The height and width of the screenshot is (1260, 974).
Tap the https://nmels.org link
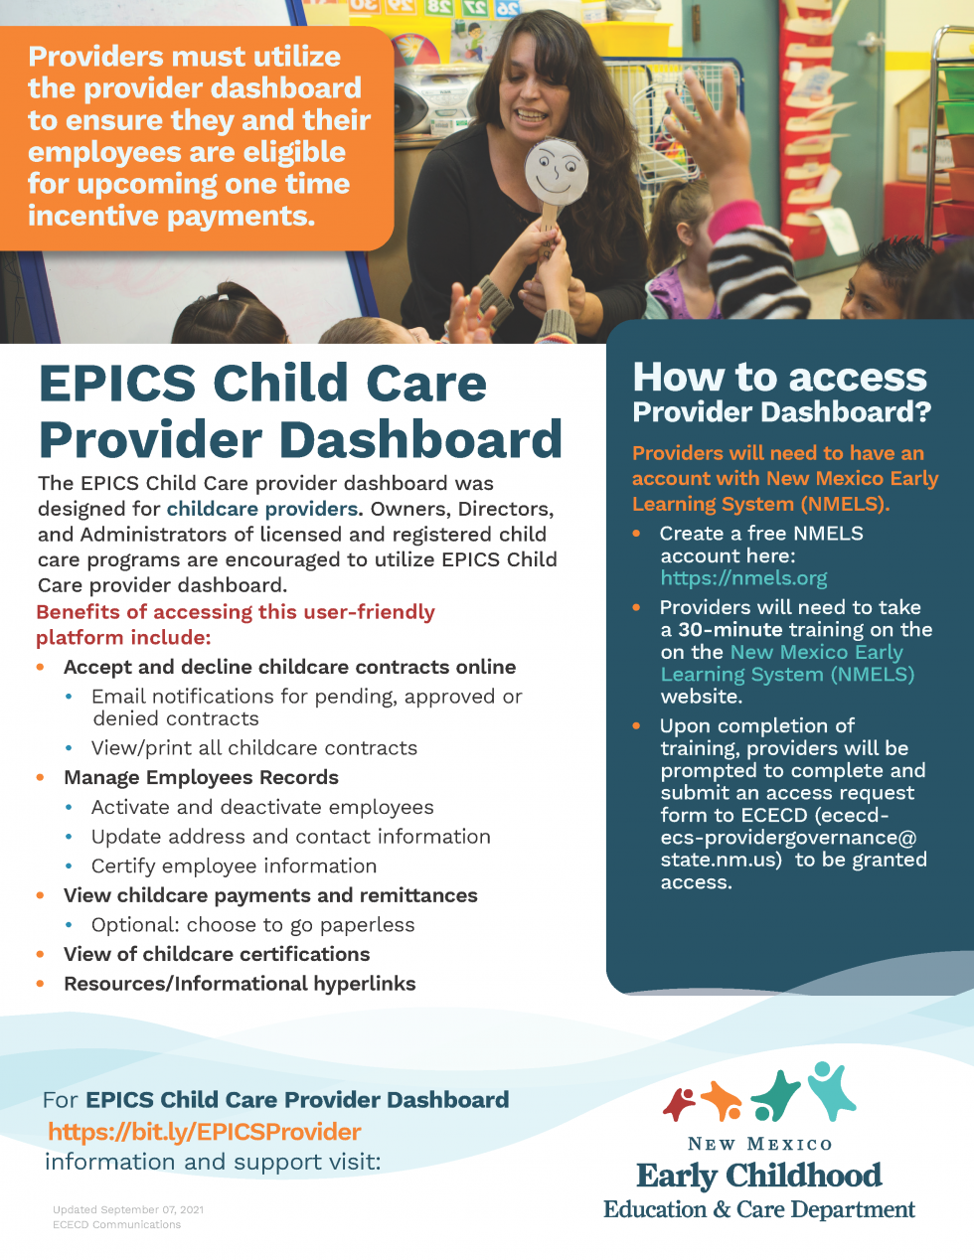pos(743,578)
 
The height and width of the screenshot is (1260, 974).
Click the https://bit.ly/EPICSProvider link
pos(204,1132)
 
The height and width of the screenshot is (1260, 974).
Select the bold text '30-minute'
pos(730,630)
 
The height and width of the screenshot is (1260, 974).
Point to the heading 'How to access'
pos(779,378)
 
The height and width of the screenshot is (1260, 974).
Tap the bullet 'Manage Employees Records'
pos(201,778)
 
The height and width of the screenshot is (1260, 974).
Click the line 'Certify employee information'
pos(234,866)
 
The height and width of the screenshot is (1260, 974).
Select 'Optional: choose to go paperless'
pos(252,925)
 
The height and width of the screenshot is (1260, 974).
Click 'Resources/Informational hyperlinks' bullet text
pos(240,984)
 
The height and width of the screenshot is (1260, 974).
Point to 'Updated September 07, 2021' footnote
pos(128,1210)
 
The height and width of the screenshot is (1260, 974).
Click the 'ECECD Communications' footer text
pos(117,1225)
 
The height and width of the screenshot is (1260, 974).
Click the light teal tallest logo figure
pos(830,1090)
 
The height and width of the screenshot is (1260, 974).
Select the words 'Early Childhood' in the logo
pos(758,1176)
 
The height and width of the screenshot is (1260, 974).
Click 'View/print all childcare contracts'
pos(253,748)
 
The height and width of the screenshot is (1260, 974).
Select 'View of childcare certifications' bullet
pos(217,955)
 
